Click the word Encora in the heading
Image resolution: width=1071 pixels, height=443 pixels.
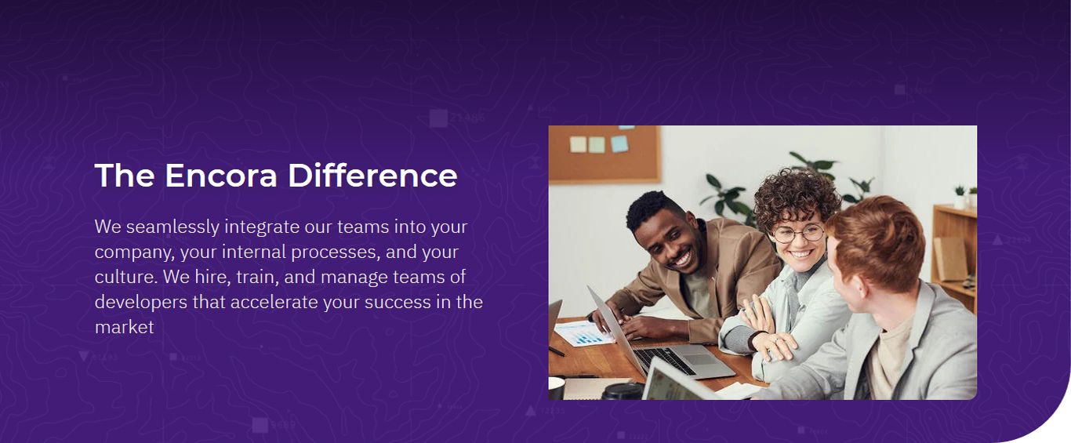[221, 176]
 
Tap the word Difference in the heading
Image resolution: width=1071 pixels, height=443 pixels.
[372, 176]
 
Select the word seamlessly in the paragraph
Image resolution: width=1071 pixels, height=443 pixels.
[172, 227]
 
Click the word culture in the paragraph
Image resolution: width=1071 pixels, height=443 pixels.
[125, 278]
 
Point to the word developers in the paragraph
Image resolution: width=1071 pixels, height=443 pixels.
[140, 303]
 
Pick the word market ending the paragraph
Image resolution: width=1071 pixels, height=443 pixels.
[125, 328]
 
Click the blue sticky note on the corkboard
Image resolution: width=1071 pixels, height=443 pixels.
[619, 143]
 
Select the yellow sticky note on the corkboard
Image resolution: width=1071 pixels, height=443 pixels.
[578, 144]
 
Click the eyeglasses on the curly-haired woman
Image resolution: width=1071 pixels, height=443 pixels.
[798, 234]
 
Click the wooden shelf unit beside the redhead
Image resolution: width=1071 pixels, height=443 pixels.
[954, 258]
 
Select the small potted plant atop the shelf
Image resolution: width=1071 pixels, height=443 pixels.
[959, 196]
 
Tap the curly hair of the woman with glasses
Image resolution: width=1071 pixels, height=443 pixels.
[796, 196]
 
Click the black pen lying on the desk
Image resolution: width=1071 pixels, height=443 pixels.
[557, 352]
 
